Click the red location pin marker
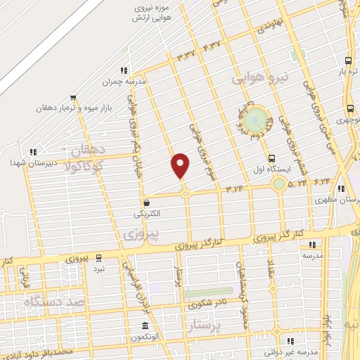[181, 165]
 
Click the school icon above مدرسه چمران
[124, 70]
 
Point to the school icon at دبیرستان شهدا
[32, 152]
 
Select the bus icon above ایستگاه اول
[271, 157]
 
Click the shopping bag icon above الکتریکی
[146, 202]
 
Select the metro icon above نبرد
[99, 258]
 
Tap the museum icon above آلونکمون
[145, 326]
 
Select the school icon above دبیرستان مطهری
[342, 189]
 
